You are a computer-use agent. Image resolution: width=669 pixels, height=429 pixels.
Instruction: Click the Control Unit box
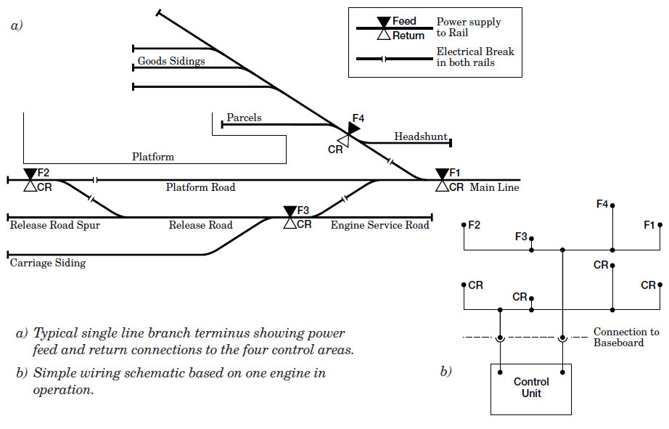[x=531, y=388]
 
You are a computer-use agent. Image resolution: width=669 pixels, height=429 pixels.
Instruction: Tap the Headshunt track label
[x=420, y=136]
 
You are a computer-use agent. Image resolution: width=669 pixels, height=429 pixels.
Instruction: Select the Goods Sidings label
[x=171, y=61]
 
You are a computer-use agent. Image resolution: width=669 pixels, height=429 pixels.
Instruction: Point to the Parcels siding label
[x=244, y=118]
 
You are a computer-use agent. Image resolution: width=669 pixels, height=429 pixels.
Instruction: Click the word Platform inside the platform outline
[x=153, y=157]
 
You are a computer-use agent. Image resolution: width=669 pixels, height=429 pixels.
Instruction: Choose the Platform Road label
[x=200, y=187]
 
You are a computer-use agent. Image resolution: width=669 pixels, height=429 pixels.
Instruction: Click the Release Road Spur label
[x=55, y=225]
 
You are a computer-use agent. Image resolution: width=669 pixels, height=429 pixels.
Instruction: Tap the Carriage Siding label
[x=48, y=263]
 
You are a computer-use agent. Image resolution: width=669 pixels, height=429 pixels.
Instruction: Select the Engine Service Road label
[x=380, y=225]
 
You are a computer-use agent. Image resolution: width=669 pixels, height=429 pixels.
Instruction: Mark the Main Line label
[x=495, y=187]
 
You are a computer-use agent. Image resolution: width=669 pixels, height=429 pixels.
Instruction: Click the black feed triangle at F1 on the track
[x=442, y=174]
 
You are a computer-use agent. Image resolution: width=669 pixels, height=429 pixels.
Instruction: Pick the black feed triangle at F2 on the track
[x=30, y=174]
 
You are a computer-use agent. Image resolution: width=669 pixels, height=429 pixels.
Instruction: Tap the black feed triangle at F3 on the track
[x=290, y=211]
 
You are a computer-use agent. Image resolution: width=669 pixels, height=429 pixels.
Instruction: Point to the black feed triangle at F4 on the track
[x=353, y=128]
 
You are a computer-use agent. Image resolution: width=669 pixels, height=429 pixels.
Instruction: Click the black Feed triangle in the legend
[x=384, y=23]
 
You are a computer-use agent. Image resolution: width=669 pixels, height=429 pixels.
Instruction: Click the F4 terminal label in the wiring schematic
[x=602, y=204]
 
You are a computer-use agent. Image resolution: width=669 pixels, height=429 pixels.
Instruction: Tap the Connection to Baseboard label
[x=625, y=337]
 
